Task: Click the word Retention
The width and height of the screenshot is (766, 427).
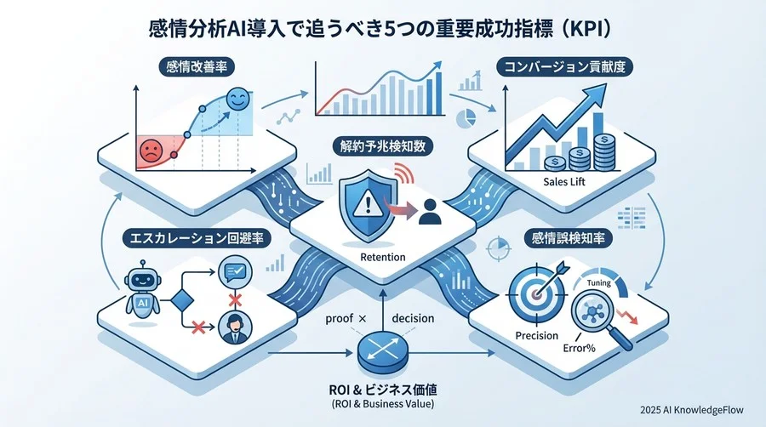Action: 383,256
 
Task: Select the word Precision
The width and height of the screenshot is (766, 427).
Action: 536,335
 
